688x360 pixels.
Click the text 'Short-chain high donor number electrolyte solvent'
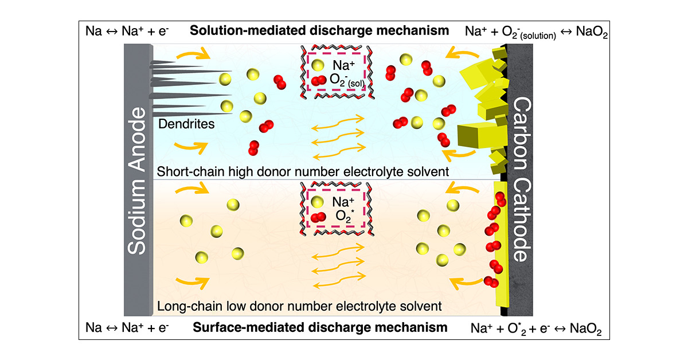(302, 171)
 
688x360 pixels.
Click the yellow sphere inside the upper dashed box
(318, 65)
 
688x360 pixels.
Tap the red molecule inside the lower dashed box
(317, 217)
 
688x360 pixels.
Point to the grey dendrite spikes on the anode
(178, 86)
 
